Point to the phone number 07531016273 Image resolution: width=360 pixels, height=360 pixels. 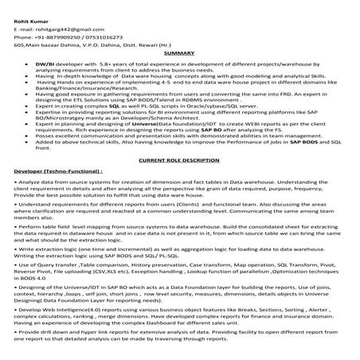click(104, 37)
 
